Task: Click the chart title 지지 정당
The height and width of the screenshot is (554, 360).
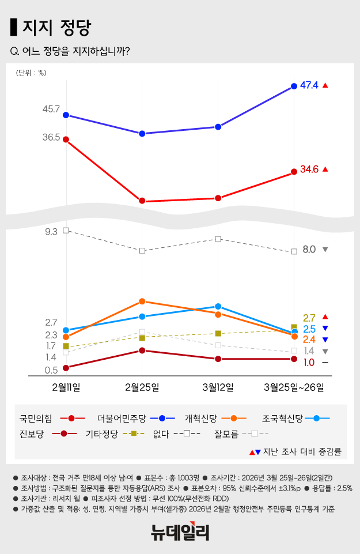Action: [x=56, y=27]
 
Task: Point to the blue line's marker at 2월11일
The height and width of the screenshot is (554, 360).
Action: [x=66, y=115]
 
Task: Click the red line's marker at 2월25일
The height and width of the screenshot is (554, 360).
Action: [x=142, y=201]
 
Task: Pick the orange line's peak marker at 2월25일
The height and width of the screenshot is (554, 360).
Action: [x=142, y=302]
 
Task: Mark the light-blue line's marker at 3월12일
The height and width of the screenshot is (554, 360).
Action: [x=218, y=307]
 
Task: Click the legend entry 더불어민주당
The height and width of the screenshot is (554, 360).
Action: [x=122, y=418]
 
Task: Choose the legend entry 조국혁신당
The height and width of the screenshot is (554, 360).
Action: [x=282, y=418]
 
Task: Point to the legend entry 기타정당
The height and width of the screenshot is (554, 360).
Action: [x=102, y=434]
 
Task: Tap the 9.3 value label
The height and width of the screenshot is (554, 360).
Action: [x=51, y=232]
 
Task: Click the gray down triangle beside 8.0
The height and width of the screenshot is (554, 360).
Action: [x=325, y=250]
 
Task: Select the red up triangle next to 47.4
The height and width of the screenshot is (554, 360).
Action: [x=325, y=86]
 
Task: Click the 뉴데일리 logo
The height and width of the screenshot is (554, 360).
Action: [x=180, y=532]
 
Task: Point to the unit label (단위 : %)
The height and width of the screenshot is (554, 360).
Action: [x=31, y=73]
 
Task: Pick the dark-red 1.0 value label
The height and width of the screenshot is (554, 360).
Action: [x=309, y=362]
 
